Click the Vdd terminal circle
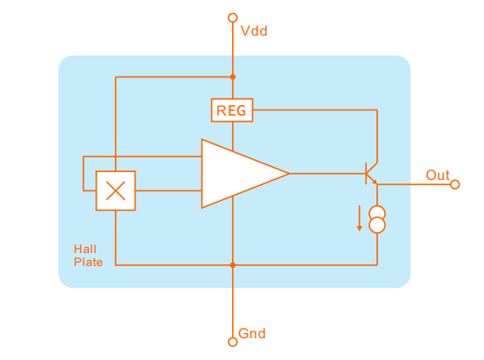[233, 17]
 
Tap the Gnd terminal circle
[233, 342]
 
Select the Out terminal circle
[454, 184]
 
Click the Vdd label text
[254, 31]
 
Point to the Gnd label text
[252, 333]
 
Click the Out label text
[438, 175]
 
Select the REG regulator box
[232, 110]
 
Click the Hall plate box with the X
[116, 190]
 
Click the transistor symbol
[371, 173]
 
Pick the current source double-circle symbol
[377, 219]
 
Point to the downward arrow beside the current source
[359, 218]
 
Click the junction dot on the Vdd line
[233, 77]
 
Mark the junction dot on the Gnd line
[233, 265]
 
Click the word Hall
[85, 249]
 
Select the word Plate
[89, 262]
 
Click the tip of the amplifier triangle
[289, 174]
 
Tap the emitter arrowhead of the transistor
[375, 182]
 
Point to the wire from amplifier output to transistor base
[328, 174]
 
